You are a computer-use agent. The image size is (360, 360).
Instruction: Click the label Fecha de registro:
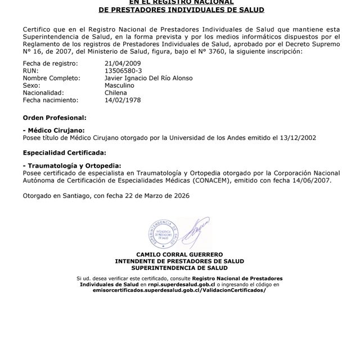(x=47, y=64)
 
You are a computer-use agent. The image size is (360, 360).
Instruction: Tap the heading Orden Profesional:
(x=54, y=118)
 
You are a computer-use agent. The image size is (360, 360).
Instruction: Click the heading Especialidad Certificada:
(x=64, y=153)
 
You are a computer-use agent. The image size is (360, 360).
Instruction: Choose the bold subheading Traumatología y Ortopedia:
(x=71, y=166)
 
